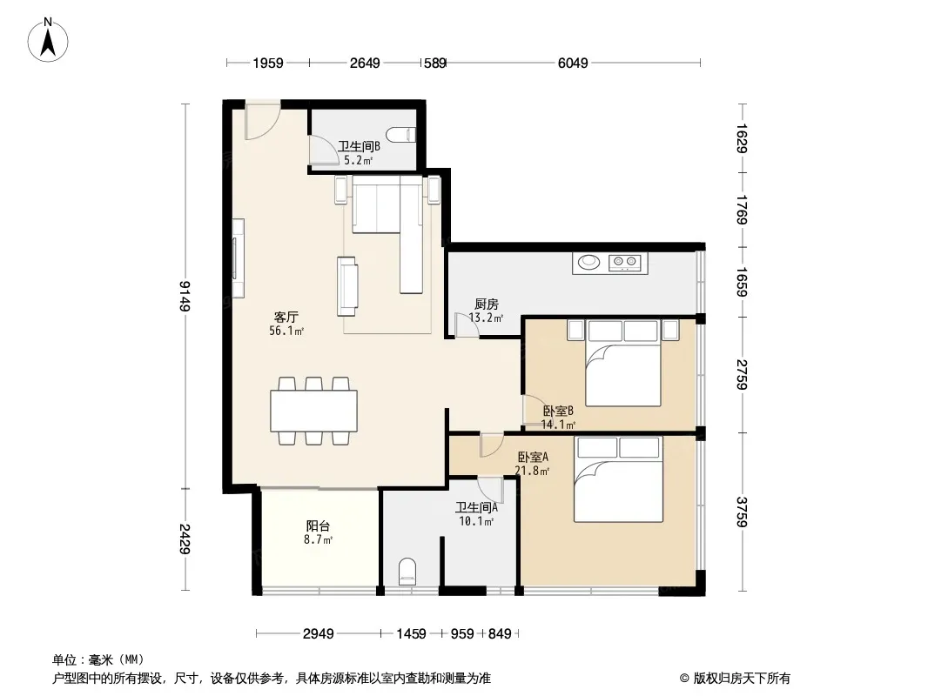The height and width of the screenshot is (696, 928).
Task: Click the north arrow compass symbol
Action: click(48, 40)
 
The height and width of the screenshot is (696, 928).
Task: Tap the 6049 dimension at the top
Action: click(573, 63)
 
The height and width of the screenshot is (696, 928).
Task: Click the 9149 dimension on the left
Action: click(185, 296)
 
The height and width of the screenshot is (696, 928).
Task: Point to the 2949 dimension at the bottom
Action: click(319, 634)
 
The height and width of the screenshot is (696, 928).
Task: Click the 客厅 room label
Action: click(286, 318)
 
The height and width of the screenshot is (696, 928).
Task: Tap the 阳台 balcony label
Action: click(318, 525)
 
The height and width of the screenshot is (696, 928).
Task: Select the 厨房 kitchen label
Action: click(487, 304)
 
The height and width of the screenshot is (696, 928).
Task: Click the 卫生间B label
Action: click(360, 146)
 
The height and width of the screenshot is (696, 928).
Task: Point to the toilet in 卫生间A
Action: click(407, 572)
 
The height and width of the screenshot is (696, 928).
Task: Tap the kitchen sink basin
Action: click(588, 261)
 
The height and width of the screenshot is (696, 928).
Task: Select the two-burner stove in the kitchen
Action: click(625, 261)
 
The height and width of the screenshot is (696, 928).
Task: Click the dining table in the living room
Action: click(313, 411)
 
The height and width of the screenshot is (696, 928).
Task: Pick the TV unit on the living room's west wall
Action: click(238, 258)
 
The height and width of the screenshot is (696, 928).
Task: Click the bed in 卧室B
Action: click(622, 363)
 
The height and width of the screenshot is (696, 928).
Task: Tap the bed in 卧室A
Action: click(618, 479)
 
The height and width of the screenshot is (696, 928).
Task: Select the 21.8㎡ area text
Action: click(532, 471)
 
